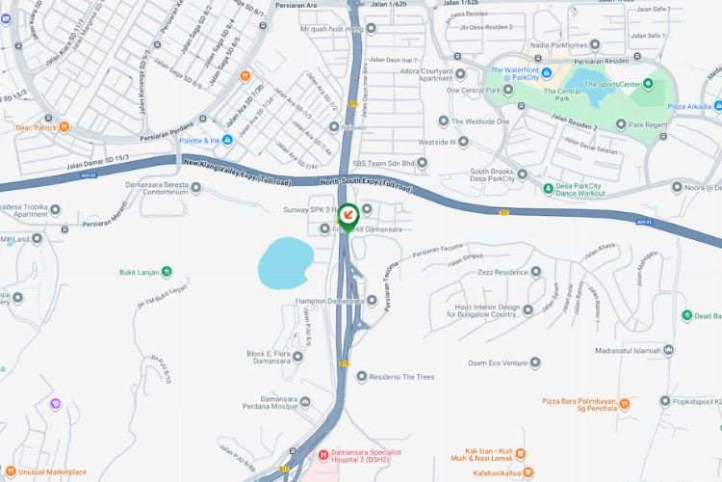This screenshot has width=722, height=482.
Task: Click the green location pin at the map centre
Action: (x=348, y=215)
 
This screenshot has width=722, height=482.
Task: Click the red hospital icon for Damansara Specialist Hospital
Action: (x=322, y=453)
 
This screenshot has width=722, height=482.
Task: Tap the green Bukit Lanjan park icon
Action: (x=168, y=271)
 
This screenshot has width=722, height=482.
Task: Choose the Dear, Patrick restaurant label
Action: (x=29, y=126)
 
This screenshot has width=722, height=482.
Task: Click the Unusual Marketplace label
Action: (x=50, y=472)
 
